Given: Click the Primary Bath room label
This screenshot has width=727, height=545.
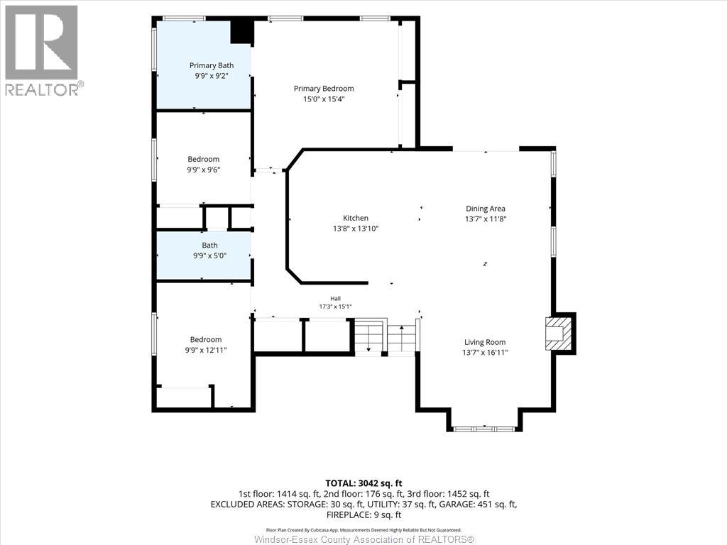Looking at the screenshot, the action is pos(212,65).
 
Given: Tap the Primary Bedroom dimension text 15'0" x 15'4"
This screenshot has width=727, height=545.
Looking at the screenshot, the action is pos(324,99).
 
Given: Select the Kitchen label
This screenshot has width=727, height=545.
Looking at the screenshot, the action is pos(356,218).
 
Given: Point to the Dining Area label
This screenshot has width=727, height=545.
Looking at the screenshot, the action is pos(486,209).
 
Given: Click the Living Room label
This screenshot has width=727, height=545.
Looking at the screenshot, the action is pos(485,342).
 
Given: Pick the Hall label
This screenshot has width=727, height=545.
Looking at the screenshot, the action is pos(335,299).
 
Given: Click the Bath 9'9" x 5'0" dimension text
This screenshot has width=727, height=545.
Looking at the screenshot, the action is pos(209,255).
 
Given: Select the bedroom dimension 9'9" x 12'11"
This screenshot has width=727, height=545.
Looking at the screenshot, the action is pos(206,350).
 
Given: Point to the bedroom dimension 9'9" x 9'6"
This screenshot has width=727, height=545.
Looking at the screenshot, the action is pos(204,170).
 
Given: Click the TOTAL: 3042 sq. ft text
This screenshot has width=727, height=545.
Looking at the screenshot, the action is pos(363,483).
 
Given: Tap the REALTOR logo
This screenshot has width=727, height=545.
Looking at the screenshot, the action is pos(42,51).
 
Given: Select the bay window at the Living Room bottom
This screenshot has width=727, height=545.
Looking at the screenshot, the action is pos(484,429).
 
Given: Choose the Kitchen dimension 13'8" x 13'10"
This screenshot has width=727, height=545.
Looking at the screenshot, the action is pos(356,229).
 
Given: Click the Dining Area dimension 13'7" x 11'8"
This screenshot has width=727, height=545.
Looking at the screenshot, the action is pos(486,219).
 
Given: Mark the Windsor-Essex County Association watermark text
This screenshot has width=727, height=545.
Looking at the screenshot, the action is pos(364,539).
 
